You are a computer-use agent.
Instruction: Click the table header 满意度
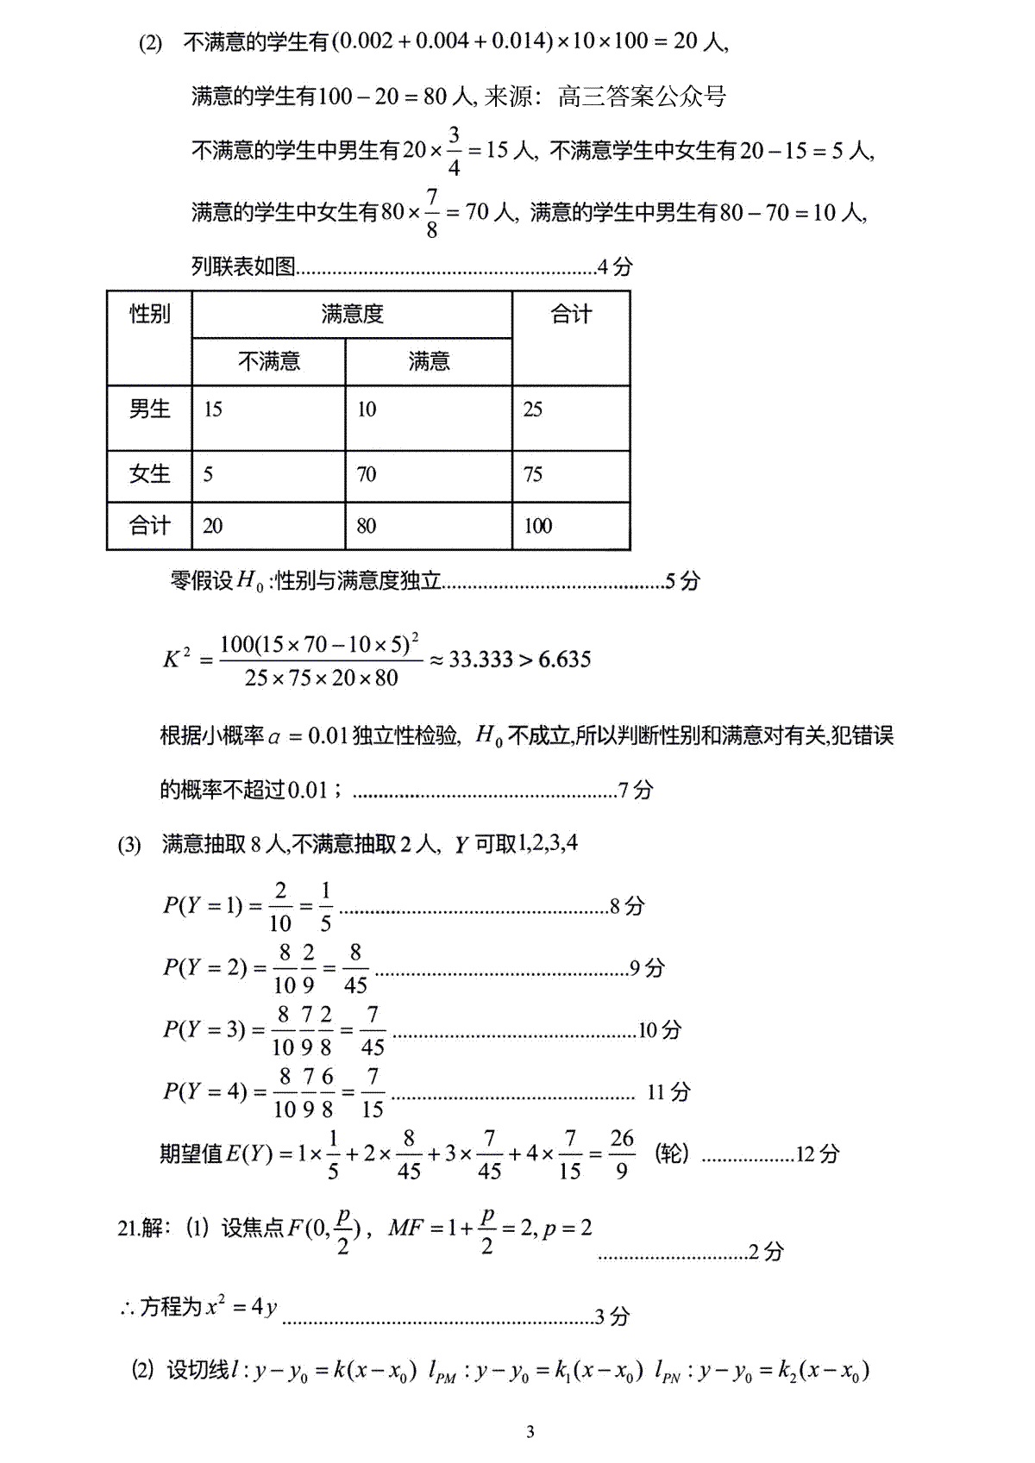coord(352,314)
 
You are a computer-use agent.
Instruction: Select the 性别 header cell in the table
coord(149,314)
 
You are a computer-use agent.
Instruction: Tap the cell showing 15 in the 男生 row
coord(213,410)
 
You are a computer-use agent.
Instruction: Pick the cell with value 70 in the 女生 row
coord(367,474)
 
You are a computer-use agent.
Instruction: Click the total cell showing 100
coord(537,526)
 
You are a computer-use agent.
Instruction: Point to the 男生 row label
coord(149,410)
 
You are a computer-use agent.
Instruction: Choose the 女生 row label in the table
coord(149,474)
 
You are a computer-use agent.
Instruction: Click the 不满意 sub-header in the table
coord(269,361)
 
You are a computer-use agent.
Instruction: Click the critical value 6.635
coord(565,660)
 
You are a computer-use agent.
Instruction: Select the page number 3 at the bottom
coord(530,1432)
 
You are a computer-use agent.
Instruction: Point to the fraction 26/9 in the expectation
coord(622,1154)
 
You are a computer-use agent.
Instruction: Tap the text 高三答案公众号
coord(642,96)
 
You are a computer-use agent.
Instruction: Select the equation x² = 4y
coord(241,1307)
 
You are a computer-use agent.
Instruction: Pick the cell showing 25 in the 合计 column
coord(533,410)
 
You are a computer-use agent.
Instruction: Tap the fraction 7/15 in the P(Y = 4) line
coord(372,1092)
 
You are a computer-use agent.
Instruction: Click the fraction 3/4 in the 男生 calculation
coord(454,151)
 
